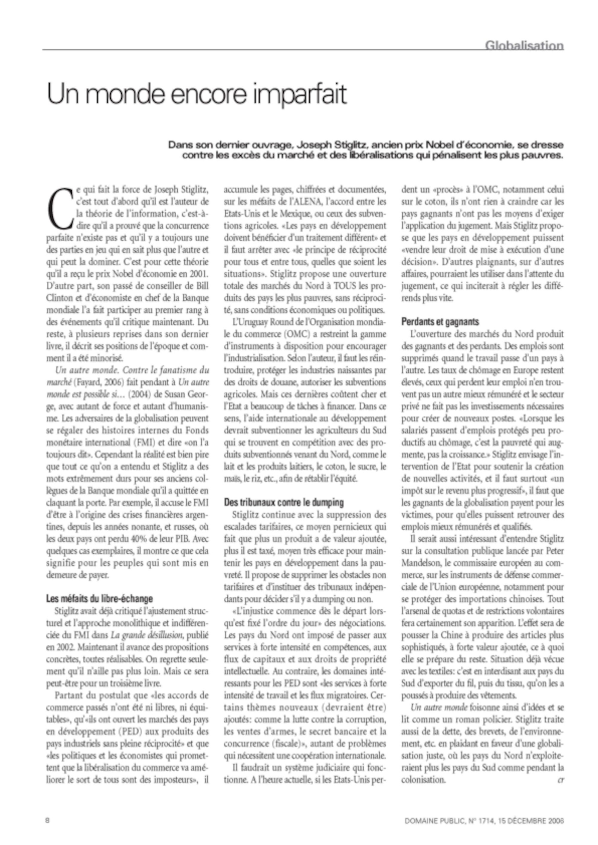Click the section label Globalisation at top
(x=524, y=46)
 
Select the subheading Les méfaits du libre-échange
(x=100, y=598)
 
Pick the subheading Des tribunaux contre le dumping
(x=284, y=502)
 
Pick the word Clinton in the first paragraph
(x=59, y=298)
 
